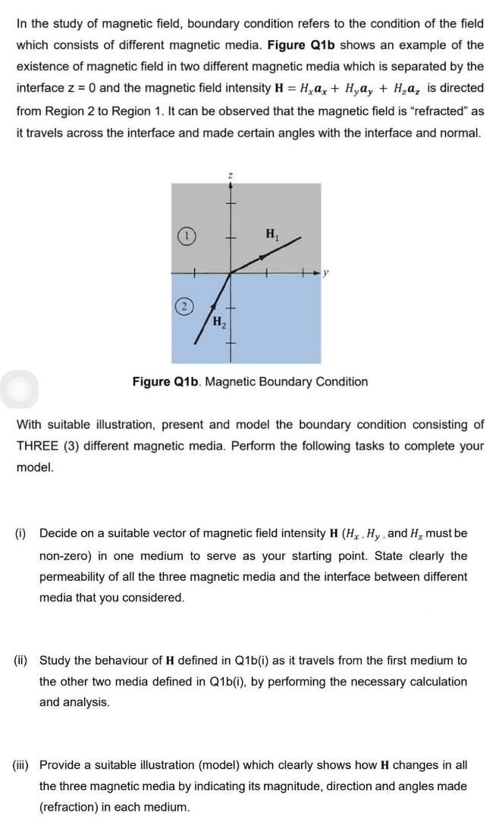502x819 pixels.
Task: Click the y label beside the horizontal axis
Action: click(x=325, y=271)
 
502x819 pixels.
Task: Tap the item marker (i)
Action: click(x=23, y=534)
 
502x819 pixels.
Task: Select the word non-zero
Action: click(x=64, y=555)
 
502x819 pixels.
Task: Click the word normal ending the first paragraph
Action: click(x=460, y=133)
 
